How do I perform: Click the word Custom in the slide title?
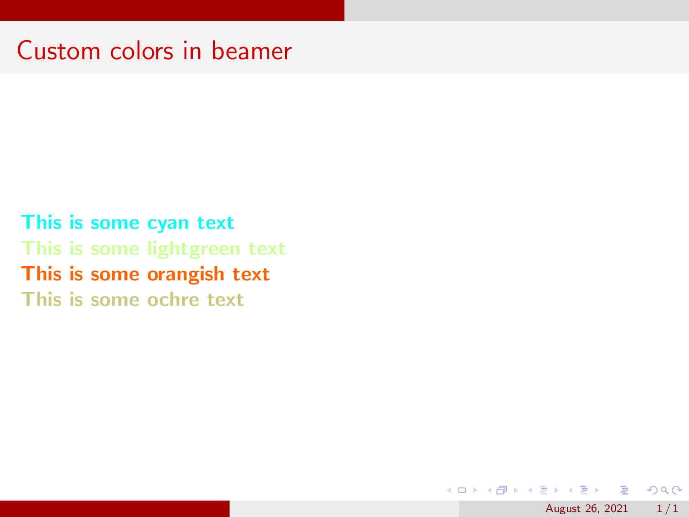coord(58,51)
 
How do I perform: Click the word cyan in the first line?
coord(168,223)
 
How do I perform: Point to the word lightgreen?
coord(194,249)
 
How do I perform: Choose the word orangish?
coord(185,275)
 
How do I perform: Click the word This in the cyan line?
coord(41,222)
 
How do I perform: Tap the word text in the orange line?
coord(251,274)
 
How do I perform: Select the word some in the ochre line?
coord(115,300)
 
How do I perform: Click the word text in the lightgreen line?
coord(267,249)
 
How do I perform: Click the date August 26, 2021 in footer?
coord(586,509)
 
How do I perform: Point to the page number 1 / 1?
coord(667,509)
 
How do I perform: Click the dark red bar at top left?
coord(172,10)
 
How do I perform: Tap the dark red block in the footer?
coord(114,509)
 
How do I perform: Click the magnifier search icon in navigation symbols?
coord(665,491)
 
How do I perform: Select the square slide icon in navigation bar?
coord(462,491)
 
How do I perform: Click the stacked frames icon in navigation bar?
coord(502,491)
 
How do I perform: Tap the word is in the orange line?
coord(76,274)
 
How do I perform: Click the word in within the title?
coord(192,51)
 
